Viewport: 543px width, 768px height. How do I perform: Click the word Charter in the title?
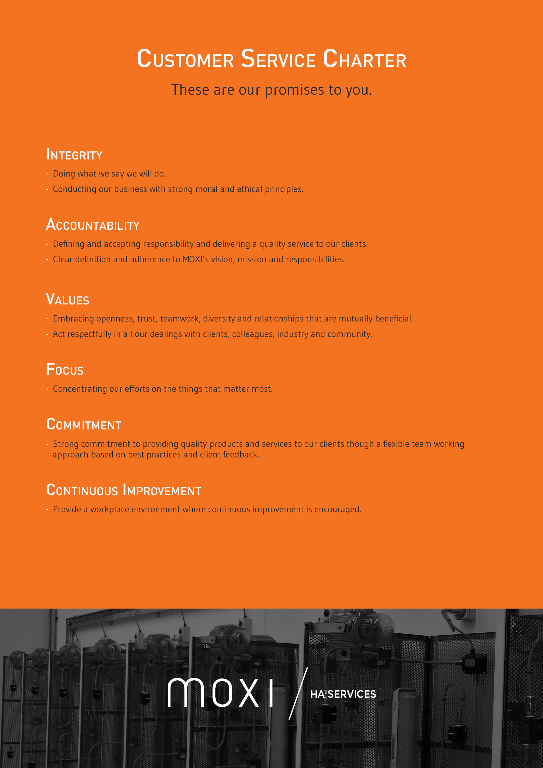(364, 59)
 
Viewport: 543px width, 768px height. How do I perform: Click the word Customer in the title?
(185, 59)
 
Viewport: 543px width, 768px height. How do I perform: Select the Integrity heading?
(74, 155)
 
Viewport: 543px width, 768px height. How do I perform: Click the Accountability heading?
(93, 225)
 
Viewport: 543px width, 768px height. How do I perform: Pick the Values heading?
(68, 299)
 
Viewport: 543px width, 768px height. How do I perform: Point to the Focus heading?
(65, 370)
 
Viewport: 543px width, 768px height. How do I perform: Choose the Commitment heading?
(84, 425)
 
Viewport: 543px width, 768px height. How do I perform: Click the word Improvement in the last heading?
(162, 490)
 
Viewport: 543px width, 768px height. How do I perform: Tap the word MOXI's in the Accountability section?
(195, 260)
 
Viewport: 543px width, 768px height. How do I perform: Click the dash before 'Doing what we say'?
(47, 174)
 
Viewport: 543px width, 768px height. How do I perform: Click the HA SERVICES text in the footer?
(343, 694)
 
